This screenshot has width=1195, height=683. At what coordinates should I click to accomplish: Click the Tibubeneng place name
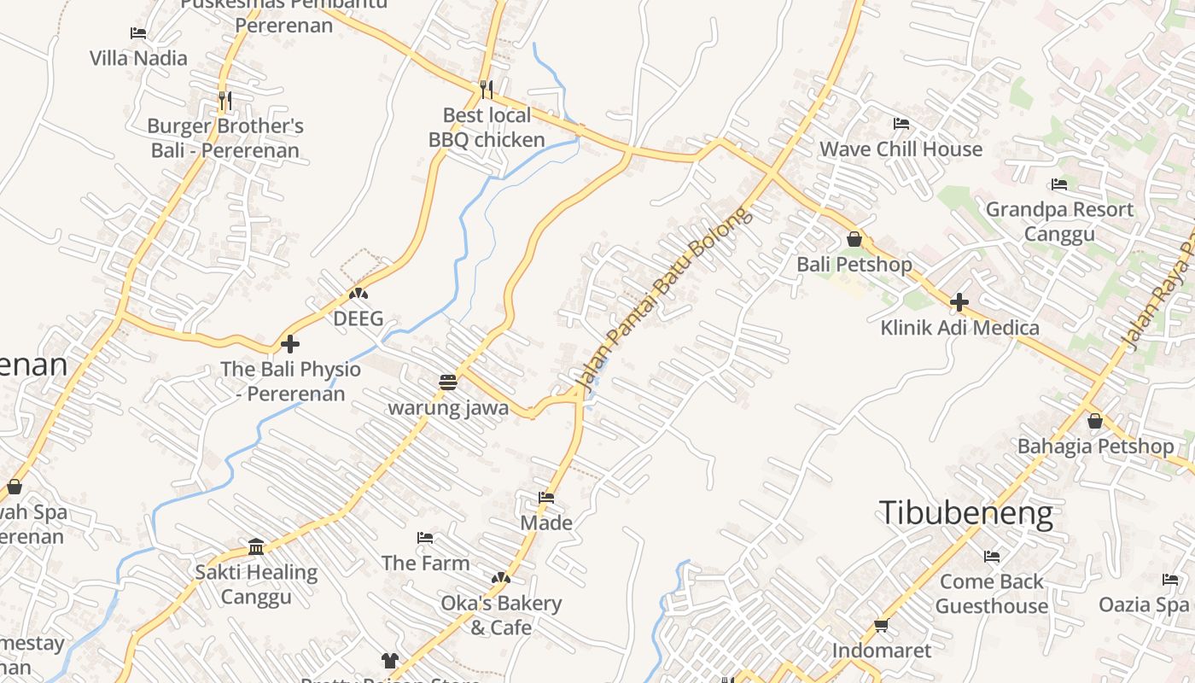pos(965,513)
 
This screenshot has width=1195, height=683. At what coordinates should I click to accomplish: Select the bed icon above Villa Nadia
pos(138,33)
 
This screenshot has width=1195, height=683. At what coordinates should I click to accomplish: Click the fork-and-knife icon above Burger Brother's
pos(224,100)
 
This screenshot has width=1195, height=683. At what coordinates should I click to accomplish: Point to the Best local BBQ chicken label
pos(487,127)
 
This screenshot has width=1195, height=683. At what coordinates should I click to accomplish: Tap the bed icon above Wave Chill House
pos(901,124)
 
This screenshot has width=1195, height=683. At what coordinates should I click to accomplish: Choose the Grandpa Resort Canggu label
pos(1059,221)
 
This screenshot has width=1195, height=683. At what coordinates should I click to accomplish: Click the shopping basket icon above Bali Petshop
pos(854,239)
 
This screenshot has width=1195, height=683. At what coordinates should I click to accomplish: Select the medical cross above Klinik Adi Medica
pos(959,301)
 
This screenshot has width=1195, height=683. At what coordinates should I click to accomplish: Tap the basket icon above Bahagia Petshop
pos(1095,421)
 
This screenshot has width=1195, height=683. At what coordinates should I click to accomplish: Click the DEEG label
pos(358,318)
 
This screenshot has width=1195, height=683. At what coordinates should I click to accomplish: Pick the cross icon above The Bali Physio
pos(290,344)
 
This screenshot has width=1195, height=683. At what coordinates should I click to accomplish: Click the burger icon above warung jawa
pos(448,382)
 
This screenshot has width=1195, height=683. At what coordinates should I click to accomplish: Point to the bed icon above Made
pos(546,497)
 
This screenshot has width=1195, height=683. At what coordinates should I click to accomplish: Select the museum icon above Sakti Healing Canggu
pos(256,546)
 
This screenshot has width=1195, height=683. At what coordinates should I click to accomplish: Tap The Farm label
pos(425,563)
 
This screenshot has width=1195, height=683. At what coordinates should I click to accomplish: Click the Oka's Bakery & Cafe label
pos(501,615)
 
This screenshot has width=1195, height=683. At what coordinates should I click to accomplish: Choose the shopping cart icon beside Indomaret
pos(882,625)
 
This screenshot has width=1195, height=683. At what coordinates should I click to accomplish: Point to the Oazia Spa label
pos(1143,604)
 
